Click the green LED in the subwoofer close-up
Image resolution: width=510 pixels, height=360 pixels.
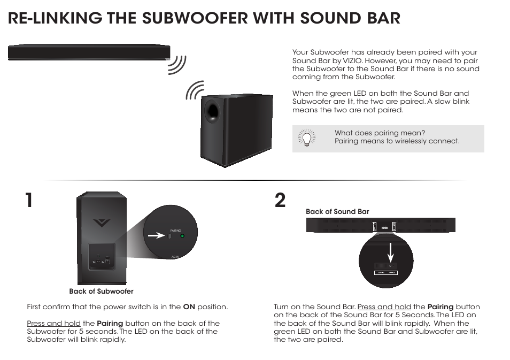[x=182, y=236]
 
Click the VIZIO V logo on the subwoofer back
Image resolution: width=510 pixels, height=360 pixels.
[x=101, y=222]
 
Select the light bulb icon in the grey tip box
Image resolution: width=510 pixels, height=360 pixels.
[x=306, y=138]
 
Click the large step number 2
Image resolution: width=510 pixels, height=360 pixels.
[x=280, y=201]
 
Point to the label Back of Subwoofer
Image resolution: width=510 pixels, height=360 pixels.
[x=101, y=292]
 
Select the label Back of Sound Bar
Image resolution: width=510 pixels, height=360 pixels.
[x=337, y=212]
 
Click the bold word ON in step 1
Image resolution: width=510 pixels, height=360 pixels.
[x=189, y=307]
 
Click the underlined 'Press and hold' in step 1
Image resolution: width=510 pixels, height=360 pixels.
[x=53, y=324]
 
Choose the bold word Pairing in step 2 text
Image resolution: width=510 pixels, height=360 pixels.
[x=441, y=307]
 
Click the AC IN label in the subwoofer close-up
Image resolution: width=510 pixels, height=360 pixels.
[x=175, y=257]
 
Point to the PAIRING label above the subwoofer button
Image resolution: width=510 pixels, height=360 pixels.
[x=176, y=230]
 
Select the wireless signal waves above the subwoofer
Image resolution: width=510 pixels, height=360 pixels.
[x=195, y=90]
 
